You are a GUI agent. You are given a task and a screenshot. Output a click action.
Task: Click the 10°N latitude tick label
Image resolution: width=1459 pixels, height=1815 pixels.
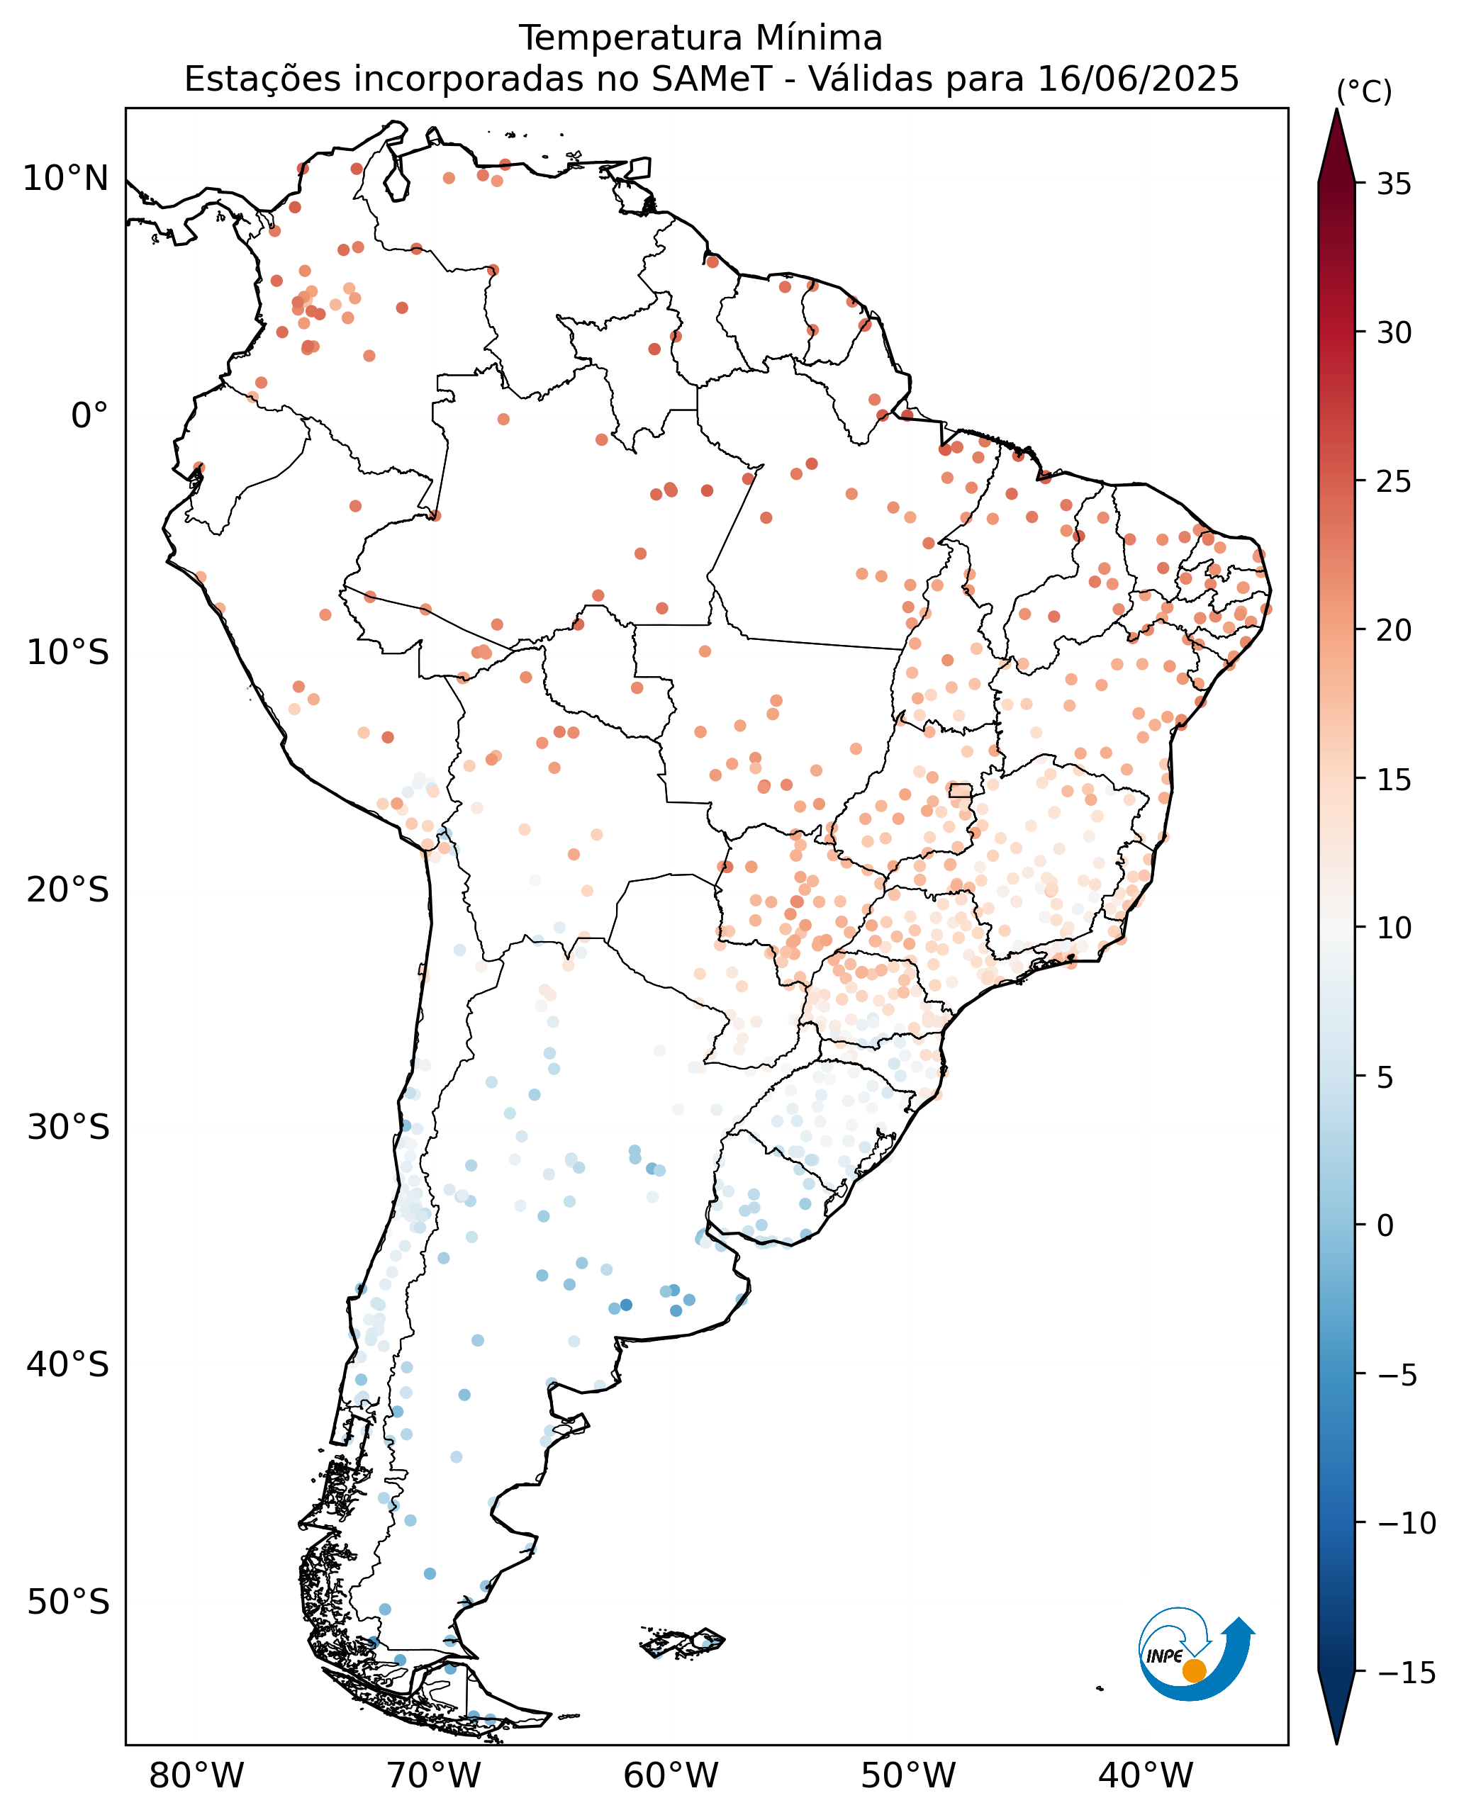click(x=66, y=179)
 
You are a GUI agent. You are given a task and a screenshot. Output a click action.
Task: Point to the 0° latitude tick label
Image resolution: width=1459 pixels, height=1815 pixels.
click(x=89, y=416)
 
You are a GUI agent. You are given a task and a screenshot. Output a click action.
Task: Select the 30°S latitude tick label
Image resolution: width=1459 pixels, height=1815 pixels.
click(x=68, y=1128)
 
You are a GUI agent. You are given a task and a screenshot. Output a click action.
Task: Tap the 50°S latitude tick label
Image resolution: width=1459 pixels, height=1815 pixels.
click(x=68, y=1602)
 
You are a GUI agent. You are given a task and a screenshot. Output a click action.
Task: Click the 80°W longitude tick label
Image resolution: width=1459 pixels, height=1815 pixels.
click(x=196, y=1776)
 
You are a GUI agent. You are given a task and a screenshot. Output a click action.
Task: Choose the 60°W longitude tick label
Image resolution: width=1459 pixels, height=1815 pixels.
click(x=671, y=1776)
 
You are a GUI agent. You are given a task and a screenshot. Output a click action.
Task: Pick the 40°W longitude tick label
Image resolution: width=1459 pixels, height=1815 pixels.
click(x=1146, y=1776)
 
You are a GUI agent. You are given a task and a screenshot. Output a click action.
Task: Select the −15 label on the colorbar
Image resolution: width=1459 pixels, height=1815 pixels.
click(x=1407, y=1672)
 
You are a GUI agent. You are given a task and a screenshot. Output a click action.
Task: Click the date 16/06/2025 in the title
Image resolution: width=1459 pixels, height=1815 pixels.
click(x=1139, y=79)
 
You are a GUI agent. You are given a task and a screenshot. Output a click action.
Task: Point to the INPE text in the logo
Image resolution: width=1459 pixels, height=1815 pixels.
click(x=1165, y=1656)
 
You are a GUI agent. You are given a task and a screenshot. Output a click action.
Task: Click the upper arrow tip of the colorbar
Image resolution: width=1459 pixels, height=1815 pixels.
click(x=1336, y=109)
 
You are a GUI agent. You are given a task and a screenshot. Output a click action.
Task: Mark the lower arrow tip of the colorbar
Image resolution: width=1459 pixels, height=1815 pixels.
click(x=1336, y=1743)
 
